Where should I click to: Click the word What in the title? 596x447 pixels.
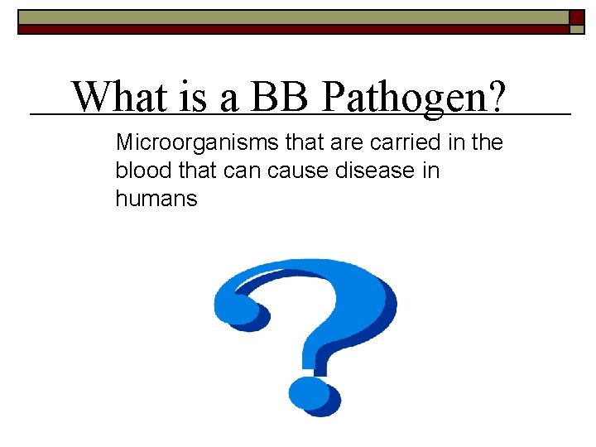pos(116,97)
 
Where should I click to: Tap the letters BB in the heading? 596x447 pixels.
pos(279,97)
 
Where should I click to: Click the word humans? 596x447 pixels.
pos(156,199)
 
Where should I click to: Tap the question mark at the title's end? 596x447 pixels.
pos(493,99)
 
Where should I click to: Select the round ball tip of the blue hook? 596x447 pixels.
pos(238,308)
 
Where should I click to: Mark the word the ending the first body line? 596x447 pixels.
pos(487,143)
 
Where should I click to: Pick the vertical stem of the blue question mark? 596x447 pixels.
pos(319,348)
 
